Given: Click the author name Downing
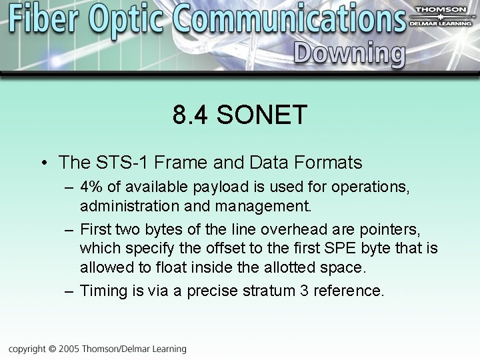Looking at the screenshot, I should coord(349,54).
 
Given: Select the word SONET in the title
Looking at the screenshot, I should coord(262,115).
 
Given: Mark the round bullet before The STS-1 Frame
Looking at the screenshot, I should coord(43,163).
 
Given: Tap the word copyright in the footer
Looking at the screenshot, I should coord(27,349).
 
